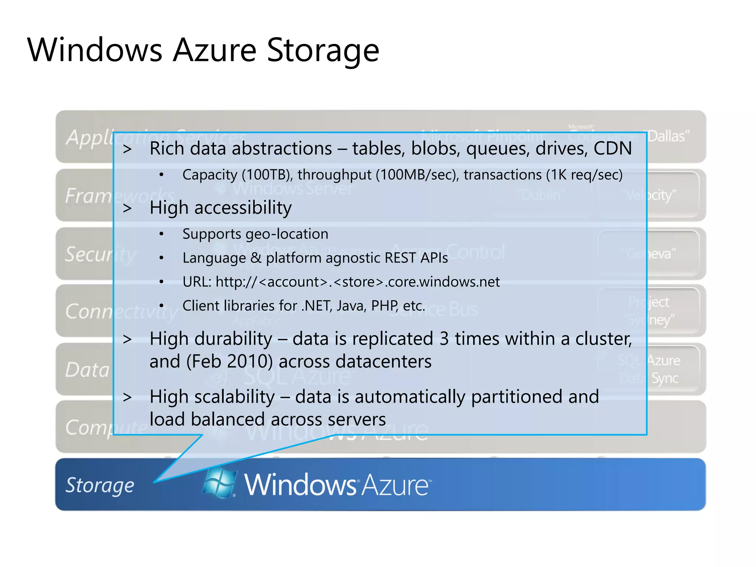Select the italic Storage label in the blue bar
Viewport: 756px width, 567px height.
tap(100, 485)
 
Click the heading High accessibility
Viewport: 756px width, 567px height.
tap(220, 208)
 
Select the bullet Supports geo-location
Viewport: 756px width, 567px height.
tap(255, 234)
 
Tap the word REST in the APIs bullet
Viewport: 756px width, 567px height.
tap(400, 258)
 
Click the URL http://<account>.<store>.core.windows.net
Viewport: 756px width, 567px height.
tap(341, 282)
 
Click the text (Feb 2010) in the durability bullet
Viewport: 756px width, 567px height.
tap(229, 361)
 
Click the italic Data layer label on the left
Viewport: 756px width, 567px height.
tap(87, 370)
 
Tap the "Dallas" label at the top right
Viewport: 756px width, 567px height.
tap(668, 137)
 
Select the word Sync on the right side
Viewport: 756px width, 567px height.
tap(665, 378)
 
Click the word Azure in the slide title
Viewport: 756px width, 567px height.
tap(214, 51)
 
